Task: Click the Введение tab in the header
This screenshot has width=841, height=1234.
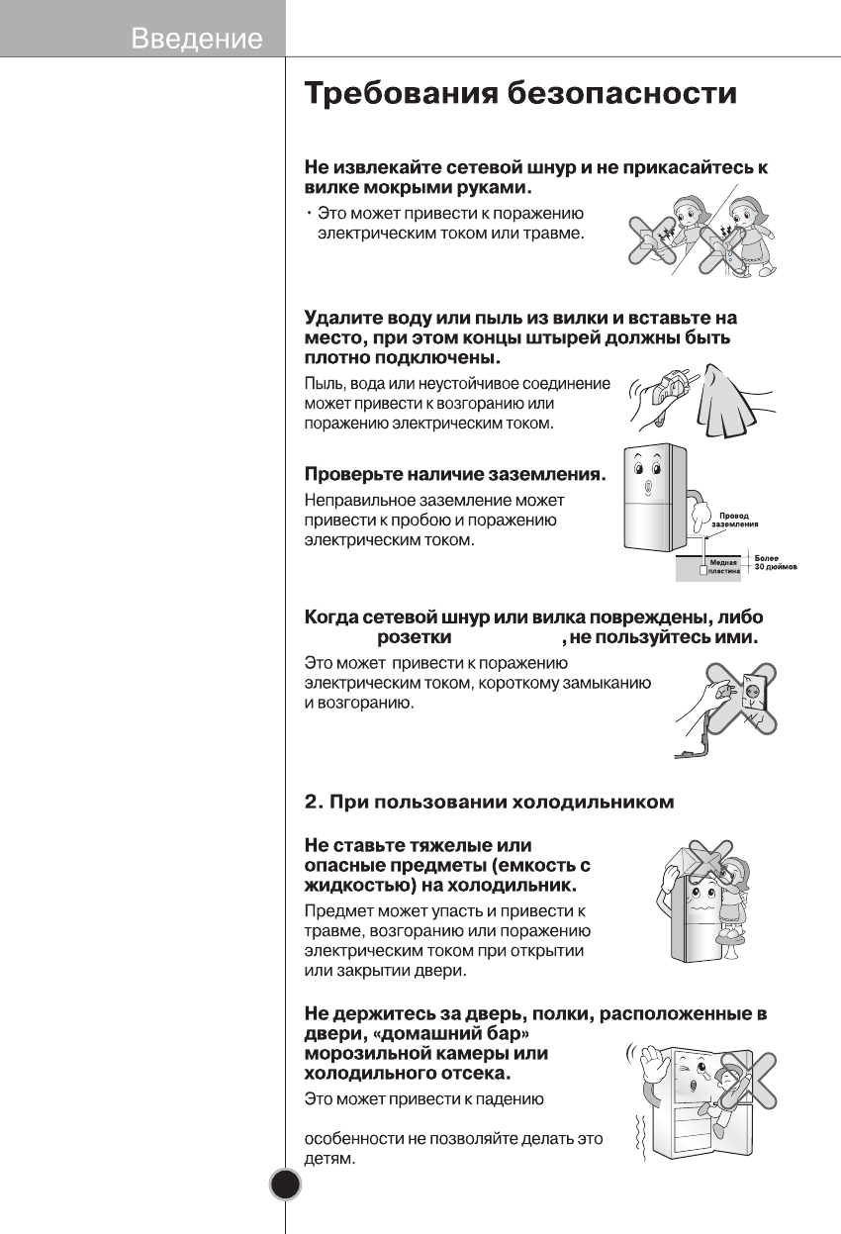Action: pos(197,39)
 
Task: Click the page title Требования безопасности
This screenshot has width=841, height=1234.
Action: pos(519,94)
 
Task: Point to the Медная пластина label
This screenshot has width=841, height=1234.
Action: pos(723,566)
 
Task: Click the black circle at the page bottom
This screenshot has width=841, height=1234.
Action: pos(285,1185)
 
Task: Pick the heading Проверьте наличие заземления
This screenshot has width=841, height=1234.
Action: pos(454,475)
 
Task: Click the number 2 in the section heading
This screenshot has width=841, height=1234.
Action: pos(311,802)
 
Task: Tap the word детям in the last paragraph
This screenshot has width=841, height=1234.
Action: pos(329,1158)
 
